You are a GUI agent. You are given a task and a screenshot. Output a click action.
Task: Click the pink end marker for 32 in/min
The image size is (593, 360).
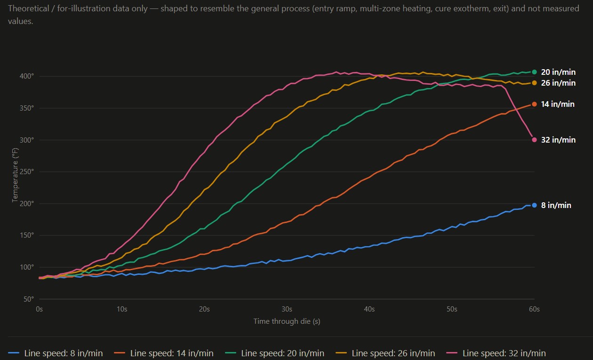534,140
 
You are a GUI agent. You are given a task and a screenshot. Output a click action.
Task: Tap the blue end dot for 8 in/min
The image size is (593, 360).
534,205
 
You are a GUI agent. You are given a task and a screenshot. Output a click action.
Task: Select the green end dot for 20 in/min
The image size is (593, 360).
534,72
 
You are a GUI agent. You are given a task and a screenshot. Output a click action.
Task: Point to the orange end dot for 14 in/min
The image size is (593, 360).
534,104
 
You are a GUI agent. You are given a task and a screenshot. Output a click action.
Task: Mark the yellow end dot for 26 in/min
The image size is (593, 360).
534,83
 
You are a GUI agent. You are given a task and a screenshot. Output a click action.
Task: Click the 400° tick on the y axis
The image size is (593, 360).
27,76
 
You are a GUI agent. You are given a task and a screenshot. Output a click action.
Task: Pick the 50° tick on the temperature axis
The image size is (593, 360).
29,299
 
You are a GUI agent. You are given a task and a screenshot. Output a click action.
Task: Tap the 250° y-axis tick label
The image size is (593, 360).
27,172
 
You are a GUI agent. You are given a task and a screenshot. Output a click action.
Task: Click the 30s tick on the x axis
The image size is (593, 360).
287,309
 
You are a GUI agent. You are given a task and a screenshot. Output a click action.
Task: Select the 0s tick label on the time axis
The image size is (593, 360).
39,309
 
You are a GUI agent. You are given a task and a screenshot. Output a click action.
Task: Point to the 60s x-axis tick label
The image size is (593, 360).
534,309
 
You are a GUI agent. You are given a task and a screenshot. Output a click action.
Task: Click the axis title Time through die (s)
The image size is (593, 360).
287,321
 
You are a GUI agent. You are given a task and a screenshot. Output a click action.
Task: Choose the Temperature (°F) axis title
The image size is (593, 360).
15,175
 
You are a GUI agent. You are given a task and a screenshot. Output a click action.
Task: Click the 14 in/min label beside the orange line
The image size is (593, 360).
558,104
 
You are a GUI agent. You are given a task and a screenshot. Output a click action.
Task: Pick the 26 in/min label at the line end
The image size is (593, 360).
558,83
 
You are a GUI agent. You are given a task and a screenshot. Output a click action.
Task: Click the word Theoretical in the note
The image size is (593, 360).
29,8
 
